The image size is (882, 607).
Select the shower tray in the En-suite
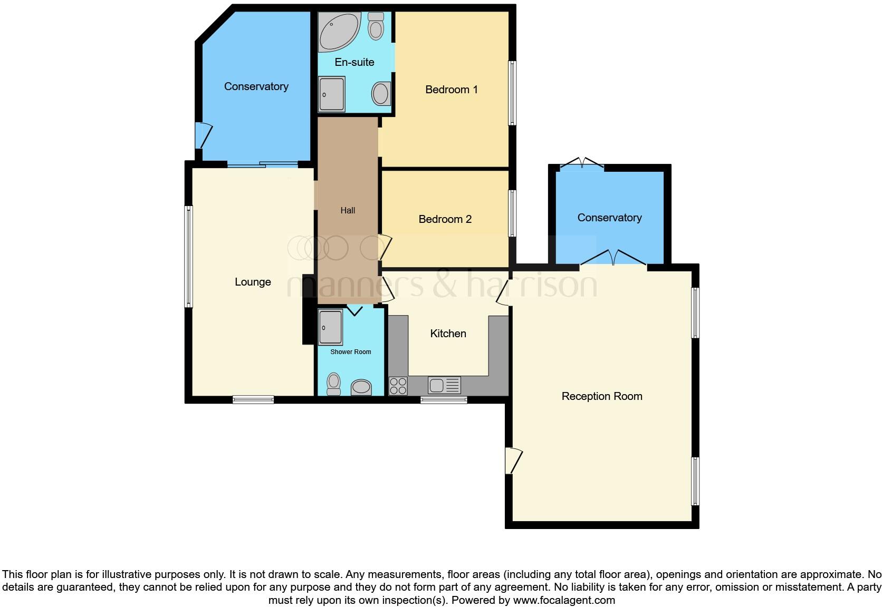point(331,94)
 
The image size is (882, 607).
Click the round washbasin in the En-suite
point(381,94)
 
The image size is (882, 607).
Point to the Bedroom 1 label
point(451,90)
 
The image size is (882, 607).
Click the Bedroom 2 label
point(445,219)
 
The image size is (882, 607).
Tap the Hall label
point(348,210)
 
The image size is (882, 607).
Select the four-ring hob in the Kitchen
point(398,386)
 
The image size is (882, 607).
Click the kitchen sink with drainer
point(445,386)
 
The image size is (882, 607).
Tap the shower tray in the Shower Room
point(330,327)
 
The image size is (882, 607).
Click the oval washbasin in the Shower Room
point(361,387)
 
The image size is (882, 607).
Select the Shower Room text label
point(351,352)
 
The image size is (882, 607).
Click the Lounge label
point(253,282)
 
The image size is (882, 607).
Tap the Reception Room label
point(602,396)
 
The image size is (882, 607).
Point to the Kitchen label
point(448,334)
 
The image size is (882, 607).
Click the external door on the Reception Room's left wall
point(512,461)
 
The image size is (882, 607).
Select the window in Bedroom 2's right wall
point(512,213)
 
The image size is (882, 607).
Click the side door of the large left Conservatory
point(202,135)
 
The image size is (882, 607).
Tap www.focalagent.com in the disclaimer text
point(564,600)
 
